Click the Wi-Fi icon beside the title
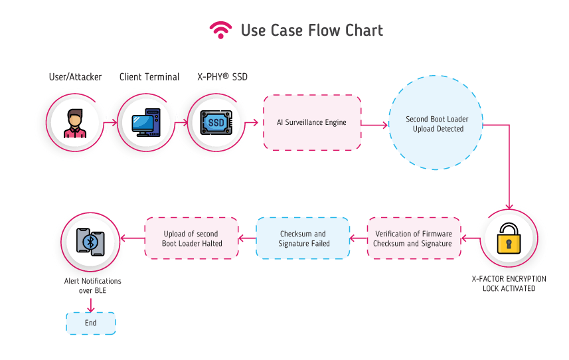[x=220, y=30]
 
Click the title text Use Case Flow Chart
[x=311, y=31]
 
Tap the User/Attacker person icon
[x=75, y=123]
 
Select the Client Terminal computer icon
[x=145, y=123]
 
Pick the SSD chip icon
[x=216, y=123]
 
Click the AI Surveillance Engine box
[x=312, y=122]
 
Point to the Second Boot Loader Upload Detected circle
[x=437, y=124]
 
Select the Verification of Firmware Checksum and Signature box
[x=414, y=238]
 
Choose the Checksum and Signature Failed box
[x=303, y=238]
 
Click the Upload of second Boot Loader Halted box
[x=192, y=238]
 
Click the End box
[x=90, y=323]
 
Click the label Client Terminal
[x=149, y=77]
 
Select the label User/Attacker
[x=76, y=77]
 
